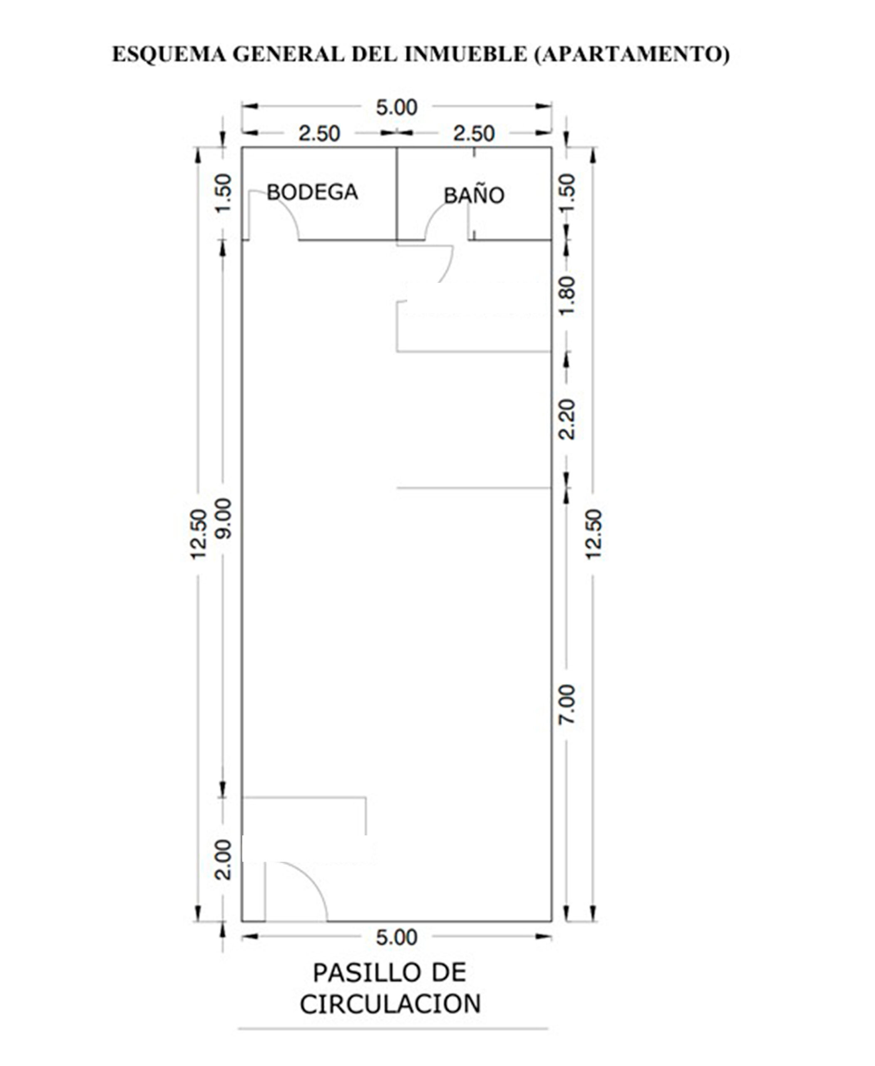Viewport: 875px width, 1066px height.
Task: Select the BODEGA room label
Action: (x=312, y=192)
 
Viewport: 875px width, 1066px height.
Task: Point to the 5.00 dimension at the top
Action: (x=397, y=107)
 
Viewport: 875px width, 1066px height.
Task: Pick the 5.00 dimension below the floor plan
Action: (x=397, y=937)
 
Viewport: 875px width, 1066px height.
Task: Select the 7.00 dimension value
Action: (x=567, y=705)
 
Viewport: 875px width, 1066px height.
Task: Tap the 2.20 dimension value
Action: (x=567, y=420)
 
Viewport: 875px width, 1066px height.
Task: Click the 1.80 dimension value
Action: (x=567, y=296)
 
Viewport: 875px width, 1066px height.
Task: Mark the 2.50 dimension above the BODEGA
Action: (x=319, y=134)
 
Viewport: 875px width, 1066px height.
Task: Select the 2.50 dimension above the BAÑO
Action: (x=474, y=134)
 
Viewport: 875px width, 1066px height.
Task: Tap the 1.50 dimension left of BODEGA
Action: (x=223, y=194)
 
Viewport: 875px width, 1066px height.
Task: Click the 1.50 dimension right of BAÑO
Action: (x=567, y=194)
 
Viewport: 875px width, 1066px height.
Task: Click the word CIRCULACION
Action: (x=390, y=1004)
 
